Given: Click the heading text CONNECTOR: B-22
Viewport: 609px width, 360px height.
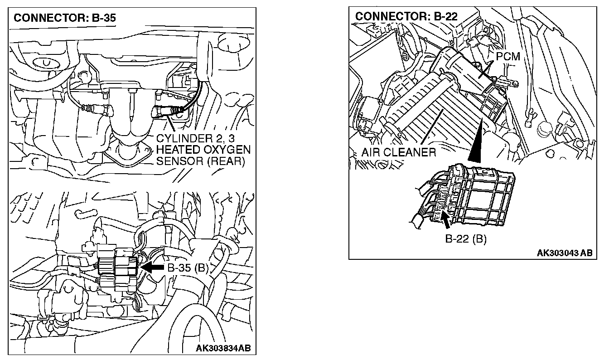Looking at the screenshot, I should click(406, 17).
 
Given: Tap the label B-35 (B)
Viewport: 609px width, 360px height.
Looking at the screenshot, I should click(188, 268).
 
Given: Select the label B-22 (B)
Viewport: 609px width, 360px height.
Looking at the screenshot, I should click(465, 239).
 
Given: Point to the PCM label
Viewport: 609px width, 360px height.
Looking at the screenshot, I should click(507, 57).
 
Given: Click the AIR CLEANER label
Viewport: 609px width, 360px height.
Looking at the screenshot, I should click(399, 152).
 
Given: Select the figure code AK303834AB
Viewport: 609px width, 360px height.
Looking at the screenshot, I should click(223, 348).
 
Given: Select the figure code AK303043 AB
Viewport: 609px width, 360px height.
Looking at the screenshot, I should click(564, 253).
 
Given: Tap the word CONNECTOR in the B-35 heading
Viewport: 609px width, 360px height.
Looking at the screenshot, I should click(39, 19).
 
